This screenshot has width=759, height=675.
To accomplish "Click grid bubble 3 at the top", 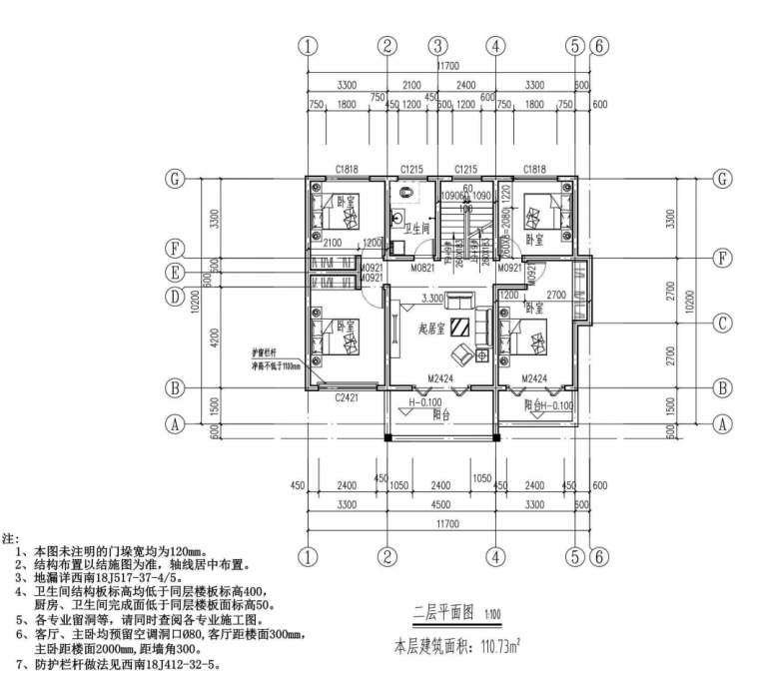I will (x=437, y=46).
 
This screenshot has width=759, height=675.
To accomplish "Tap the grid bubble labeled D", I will (x=177, y=296).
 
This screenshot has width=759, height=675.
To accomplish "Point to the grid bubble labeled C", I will (x=722, y=323).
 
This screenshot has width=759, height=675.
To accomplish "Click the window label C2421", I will (x=346, y=396).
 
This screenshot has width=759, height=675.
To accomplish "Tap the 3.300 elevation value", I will (x=432, y=299).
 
